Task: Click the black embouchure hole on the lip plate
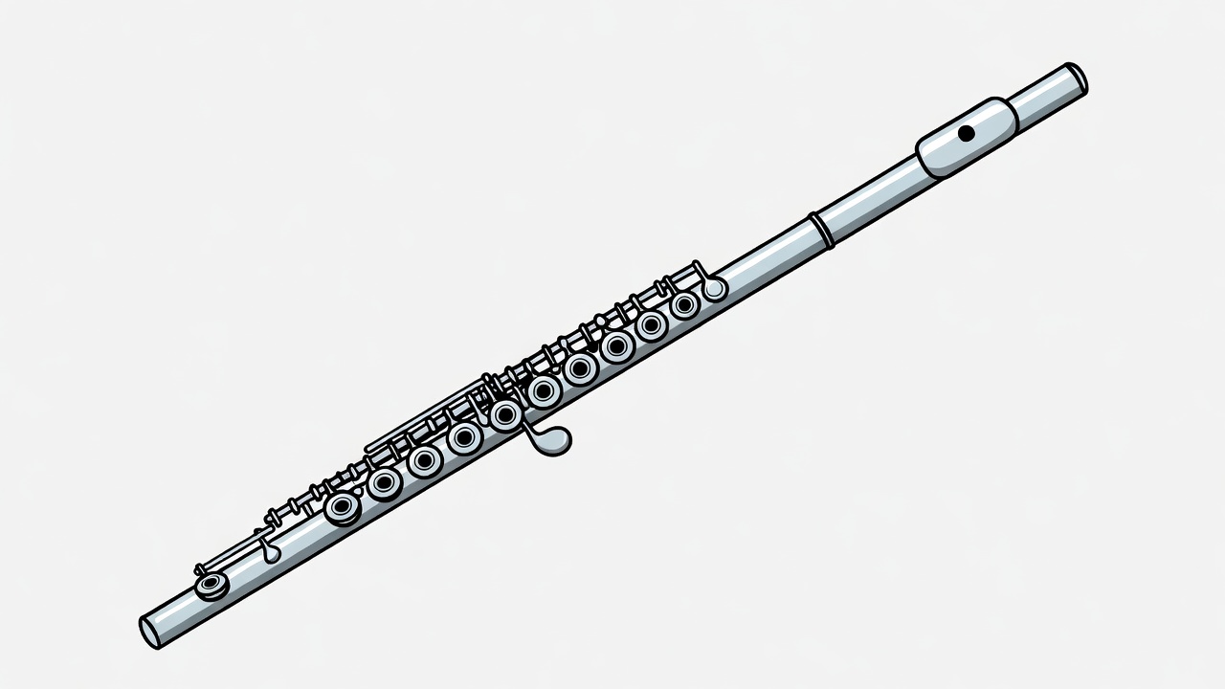click(966, 133)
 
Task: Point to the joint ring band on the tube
click(821, 231)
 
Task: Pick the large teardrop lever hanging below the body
click(551, 441)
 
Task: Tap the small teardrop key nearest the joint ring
click(713, 286)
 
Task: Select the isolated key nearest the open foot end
click(212, 585)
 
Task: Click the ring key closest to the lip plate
click(684, 305)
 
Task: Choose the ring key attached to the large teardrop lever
click(505, 414)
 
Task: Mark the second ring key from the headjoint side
click(653, 325)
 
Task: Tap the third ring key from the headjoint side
click(617, 346)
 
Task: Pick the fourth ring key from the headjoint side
click(581, 367)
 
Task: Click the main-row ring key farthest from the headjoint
click(343, 507)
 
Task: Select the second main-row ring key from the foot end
click(385, 483)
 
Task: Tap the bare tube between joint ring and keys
click(766, 262)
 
